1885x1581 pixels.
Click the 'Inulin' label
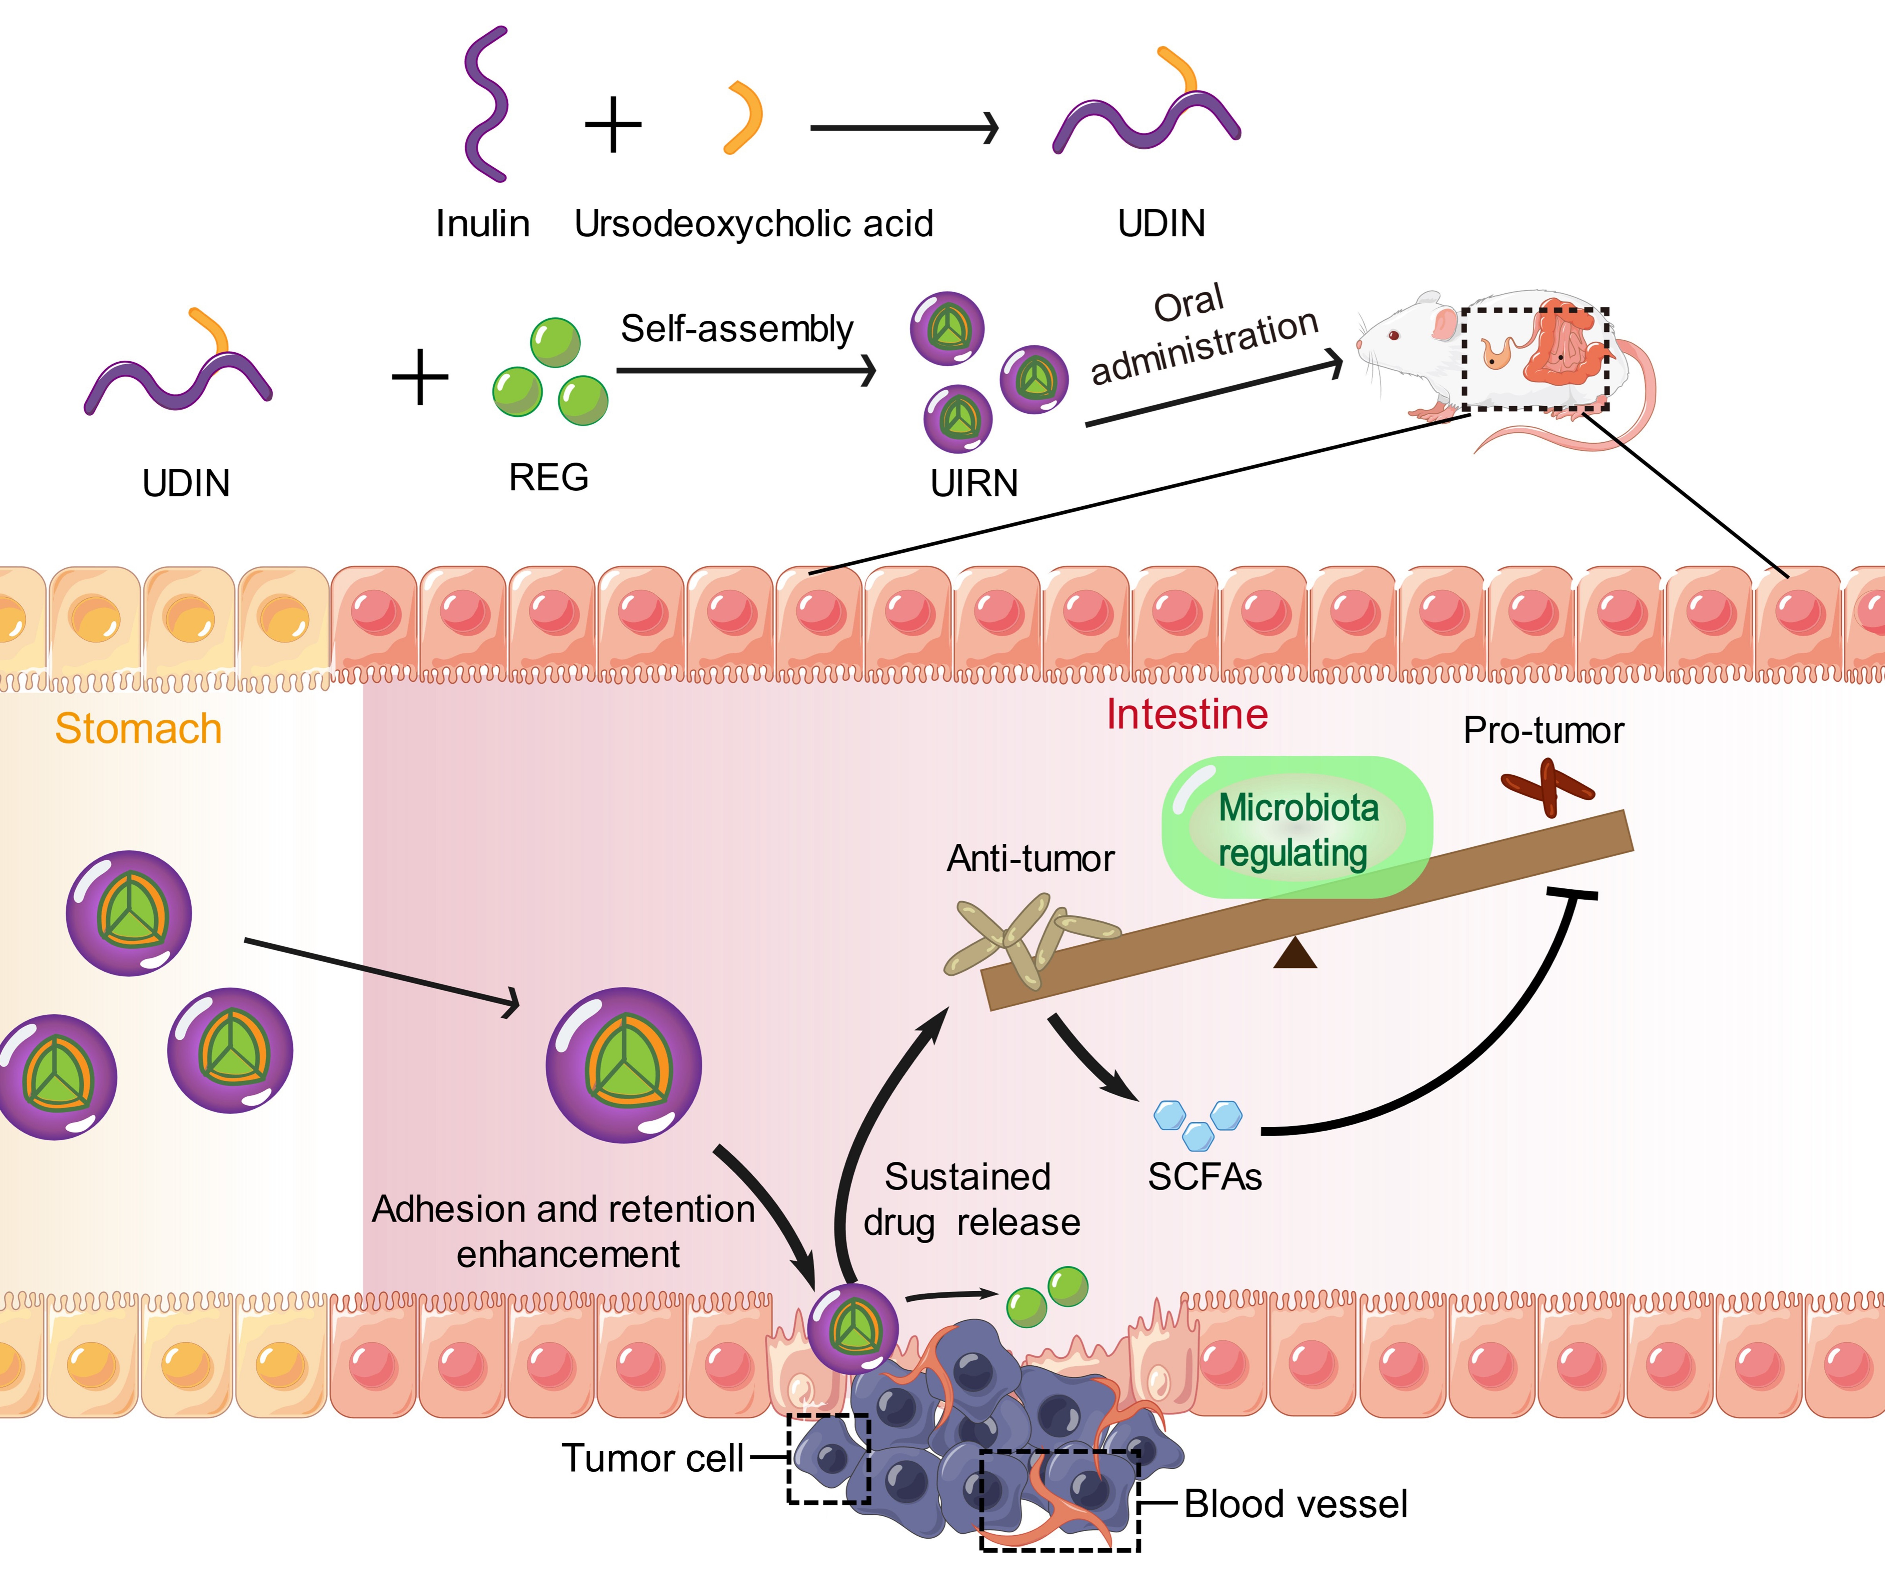click(x=482, y=224)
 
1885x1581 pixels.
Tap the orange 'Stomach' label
click(x=138, y=728)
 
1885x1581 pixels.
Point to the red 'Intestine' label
click(x=1187, y=715)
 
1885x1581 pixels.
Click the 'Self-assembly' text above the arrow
click(x=736, y=329)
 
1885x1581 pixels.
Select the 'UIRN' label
click(x=974, y=483)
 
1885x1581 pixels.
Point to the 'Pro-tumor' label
click(x=1543, y=731)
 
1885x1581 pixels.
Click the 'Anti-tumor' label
click(x=1030, y=859)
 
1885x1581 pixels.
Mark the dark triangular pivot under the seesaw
click(x=1294, y=954)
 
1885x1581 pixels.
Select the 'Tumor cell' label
click(x=653, y=1458)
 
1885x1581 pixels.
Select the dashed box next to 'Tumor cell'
click(x=828, y=1458)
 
